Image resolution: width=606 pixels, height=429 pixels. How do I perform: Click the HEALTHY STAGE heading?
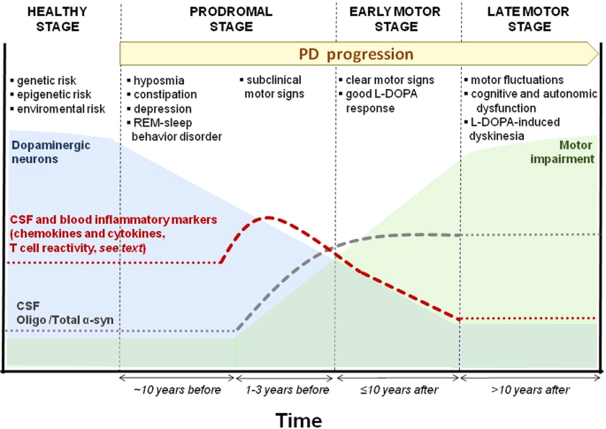(53, 19)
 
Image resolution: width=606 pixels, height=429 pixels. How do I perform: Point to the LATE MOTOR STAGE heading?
(530, 19)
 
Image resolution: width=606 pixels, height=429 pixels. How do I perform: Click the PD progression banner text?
(356, 54)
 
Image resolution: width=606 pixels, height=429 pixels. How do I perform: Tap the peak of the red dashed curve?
(267, 218)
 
